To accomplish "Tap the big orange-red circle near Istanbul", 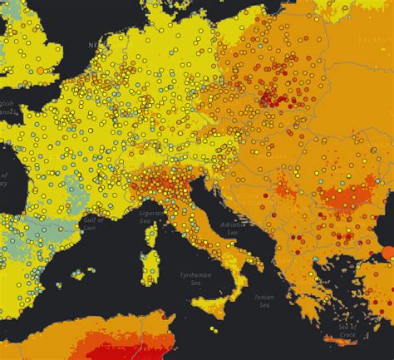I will (x=387, y=252).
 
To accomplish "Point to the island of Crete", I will (x=349, y=340).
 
